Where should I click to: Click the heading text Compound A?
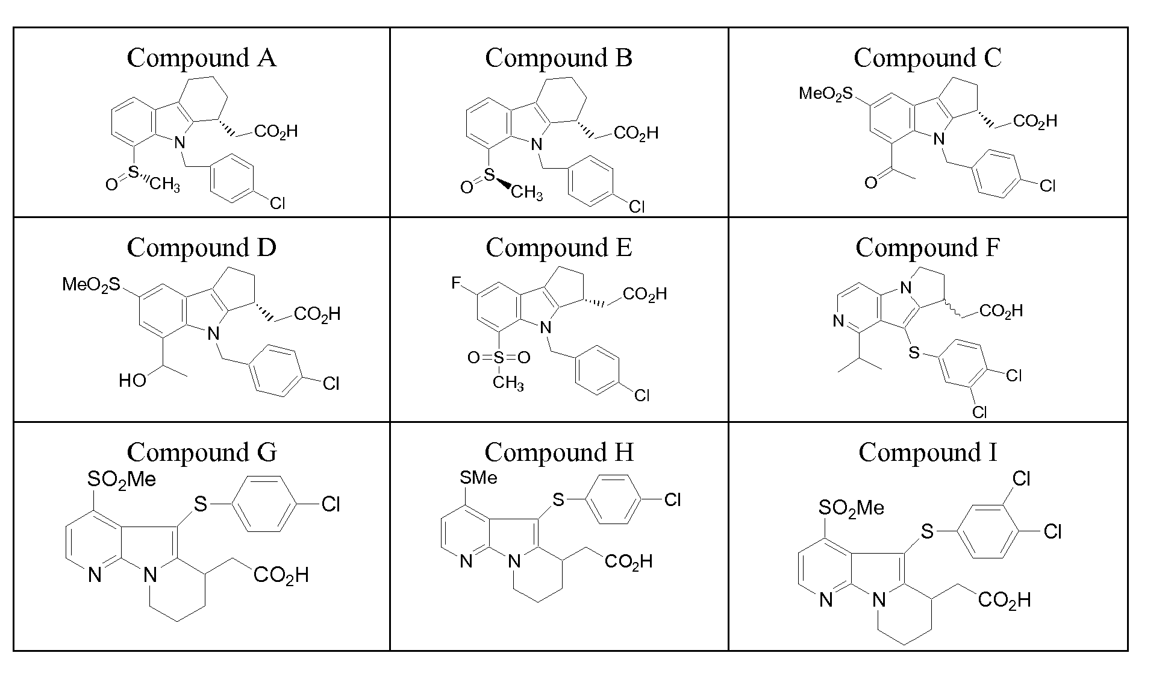click(201, 58)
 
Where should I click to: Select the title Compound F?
click(928, 248)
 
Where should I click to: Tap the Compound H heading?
click(559, 452)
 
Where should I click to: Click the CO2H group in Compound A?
click(276, 132)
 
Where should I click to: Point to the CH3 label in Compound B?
click(527, 193)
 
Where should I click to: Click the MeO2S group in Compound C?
click(826, 93)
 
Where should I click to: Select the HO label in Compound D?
click(133, 381)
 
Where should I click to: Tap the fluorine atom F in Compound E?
click(456, 283)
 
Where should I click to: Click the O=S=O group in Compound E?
click(499, 358)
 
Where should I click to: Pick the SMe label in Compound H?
click(478, 478)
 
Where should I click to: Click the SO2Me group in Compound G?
click(122, 480)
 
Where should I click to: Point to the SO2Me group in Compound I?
click(851, 508)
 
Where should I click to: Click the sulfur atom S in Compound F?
click(914, 353)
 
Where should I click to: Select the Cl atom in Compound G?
click(331, 504)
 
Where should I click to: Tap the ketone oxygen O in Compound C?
click(870, 182)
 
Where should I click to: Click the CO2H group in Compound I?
click(1004, 600)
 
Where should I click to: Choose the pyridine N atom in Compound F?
click(838, 322)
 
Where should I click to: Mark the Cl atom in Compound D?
click(331, 384)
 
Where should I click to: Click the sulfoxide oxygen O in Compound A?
click(111, 184)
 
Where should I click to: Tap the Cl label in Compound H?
click(672, 499)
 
